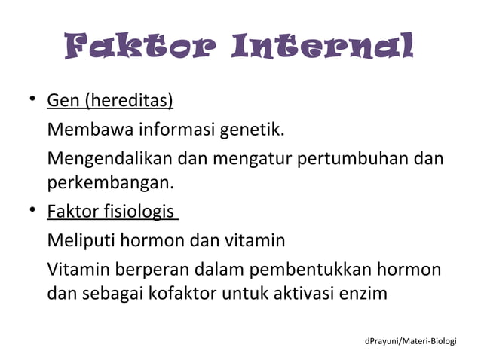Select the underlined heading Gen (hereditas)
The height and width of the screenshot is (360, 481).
point(110,101)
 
